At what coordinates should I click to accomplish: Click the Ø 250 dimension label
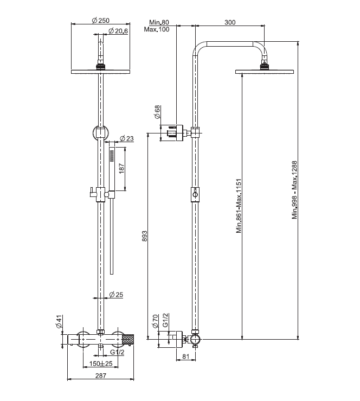[x=101, y=21]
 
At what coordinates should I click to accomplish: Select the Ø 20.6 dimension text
[x=118, y=31]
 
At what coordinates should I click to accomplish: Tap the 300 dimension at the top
[x=230, y=22]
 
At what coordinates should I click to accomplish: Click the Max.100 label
[x=157, y=29]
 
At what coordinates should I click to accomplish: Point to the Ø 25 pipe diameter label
[x=117, y=295]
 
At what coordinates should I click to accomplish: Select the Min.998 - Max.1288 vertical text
[x=295, y=189]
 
